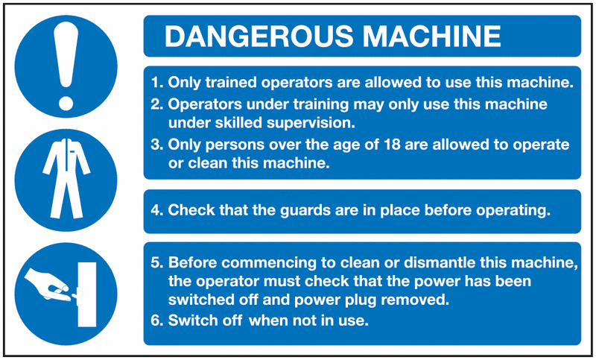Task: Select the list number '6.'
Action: [x=157, y=321]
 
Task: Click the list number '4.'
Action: [x=157, y=210]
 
